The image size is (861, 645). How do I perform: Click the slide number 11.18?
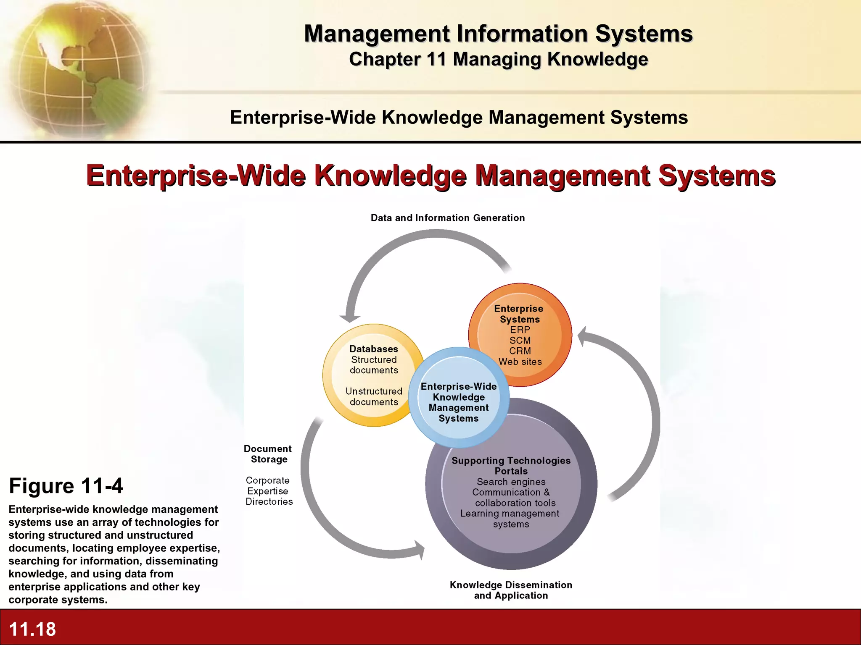tap(32, 629)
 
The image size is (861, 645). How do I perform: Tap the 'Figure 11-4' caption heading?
tap(66, 486)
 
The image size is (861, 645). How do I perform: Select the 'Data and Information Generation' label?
tap(448, 218)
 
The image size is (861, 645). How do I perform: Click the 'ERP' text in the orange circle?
tap(520, 330)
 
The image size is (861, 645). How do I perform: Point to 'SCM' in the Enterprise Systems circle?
tap(520, 341)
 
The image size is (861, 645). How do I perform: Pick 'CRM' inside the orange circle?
tap(520, 351)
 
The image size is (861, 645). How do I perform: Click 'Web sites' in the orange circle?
tap(520, 362)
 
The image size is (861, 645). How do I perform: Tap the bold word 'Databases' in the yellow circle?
tap(374, 349)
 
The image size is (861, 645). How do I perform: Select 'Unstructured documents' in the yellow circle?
tap(374, 396)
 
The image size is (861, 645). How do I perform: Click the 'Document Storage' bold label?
tap(268, 454)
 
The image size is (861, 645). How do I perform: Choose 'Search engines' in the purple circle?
tap(511, 482)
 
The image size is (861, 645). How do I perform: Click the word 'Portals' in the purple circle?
tap(511, 471)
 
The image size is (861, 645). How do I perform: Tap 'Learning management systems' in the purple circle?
tap(510, 519)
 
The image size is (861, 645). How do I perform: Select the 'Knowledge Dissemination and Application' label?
tap(511, 590)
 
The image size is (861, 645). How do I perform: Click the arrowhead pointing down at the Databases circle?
tap(350, 318)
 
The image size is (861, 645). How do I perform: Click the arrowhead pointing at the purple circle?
tap(420, 550)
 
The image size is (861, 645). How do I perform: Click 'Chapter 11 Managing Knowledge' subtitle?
tap(499, 59)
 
